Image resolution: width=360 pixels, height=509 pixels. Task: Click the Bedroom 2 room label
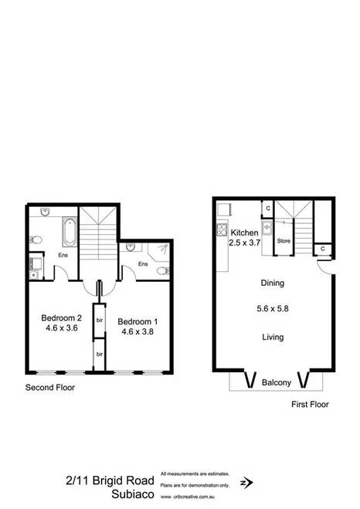[x=62, y=317]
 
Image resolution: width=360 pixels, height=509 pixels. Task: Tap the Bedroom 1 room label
[x=139, y=321]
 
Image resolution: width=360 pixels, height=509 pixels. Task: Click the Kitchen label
[x=244, y=232]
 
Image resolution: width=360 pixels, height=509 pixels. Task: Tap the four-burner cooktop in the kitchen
[x=221, y=229]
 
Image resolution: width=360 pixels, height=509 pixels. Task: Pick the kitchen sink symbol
[x=266, y=229]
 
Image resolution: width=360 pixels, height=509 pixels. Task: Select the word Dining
[x=273, y=283]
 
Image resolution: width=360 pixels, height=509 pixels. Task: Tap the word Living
[x=273, y=337]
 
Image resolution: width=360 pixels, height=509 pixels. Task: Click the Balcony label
[x=276, y=382]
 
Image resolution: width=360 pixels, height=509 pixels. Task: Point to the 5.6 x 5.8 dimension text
[x=273, y=309]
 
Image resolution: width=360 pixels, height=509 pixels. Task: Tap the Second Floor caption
[x=50, y=388]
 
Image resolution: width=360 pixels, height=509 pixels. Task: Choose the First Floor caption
[x=309, y=404]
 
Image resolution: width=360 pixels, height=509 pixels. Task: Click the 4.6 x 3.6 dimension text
[x=62, y=327]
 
